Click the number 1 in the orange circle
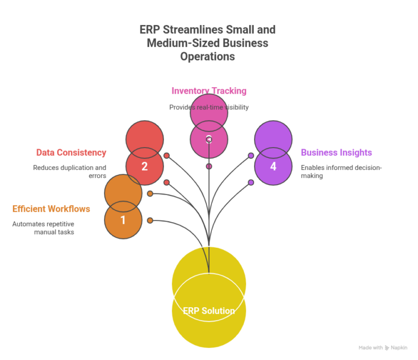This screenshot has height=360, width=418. [x=123, y=220]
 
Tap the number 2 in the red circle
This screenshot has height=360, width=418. [x=144, y=166]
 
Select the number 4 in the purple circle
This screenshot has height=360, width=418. [x=273, y=166]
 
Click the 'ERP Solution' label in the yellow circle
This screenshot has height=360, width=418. [x=209, y=311]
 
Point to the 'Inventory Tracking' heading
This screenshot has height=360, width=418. [x=209, y=91]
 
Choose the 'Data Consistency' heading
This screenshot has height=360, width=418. [x=71, y=152]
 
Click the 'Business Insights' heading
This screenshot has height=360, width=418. [x=336, y=152]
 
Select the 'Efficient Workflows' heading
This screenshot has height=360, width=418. [x=51, y=209]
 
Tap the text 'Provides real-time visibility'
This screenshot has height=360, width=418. [x=209, y=107]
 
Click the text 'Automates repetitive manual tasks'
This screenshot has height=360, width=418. [x=44, y=228]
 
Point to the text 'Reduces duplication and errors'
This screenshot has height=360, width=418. [x=70, y=172]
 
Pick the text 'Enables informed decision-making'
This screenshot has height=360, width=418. [x=341, y=172]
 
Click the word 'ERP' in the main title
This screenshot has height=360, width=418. [x=151, y=29]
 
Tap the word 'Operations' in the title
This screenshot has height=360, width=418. [x=208, y=57]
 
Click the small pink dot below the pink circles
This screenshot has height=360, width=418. [x=209, y=166]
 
